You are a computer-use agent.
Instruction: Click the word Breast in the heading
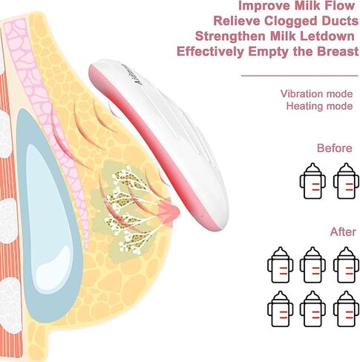click(338, 51)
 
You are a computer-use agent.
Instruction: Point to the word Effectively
click(211, 52)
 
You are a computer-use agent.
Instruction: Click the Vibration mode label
click(316, 94)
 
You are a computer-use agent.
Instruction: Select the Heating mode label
click(319, 106)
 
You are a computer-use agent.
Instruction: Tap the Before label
click(335, 148)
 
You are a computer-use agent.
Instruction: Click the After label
click(343, 232)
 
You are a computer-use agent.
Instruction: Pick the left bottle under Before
click(312, 181)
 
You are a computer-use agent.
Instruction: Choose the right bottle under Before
click(346, 181)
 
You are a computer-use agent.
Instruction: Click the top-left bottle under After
click(281, 265)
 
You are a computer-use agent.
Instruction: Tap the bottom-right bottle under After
click(346, 309)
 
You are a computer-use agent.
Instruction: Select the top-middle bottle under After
click(312, 265)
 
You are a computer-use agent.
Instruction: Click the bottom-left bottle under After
click(281, 309)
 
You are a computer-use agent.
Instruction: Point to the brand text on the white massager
click(132, 74)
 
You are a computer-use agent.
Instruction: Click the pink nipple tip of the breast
click(171, 212)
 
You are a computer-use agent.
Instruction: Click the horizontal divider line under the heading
click(300, 76)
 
